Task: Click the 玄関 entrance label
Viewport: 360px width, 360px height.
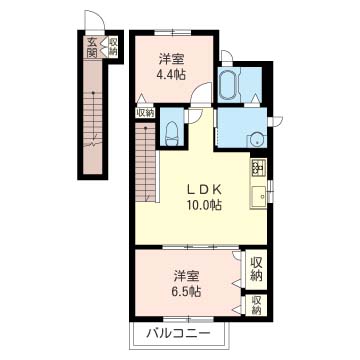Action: [92, 47]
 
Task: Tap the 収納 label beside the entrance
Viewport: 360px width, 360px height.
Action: [113, 46]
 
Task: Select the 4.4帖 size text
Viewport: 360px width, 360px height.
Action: [171, 75]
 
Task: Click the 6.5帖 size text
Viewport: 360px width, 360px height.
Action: [186, 292]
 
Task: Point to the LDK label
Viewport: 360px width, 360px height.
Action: [204, 190]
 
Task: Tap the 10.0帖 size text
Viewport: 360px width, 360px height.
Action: [204, 205]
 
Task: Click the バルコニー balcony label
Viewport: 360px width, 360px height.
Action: [179, 333]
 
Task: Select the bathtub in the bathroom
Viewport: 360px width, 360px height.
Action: [228, 84]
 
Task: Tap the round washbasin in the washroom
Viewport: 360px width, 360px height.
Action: [256, 140]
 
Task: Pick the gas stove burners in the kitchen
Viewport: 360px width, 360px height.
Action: [259, 167]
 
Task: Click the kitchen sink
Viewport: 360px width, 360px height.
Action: [259, 197]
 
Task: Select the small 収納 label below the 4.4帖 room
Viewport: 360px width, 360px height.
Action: [145, 113]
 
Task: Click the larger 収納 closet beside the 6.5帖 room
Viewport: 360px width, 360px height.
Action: [256, 269]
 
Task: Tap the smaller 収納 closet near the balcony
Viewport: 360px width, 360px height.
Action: [256, 305]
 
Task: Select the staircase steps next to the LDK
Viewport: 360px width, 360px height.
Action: [146, 163]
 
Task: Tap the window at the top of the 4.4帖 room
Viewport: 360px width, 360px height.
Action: [172, 32]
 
